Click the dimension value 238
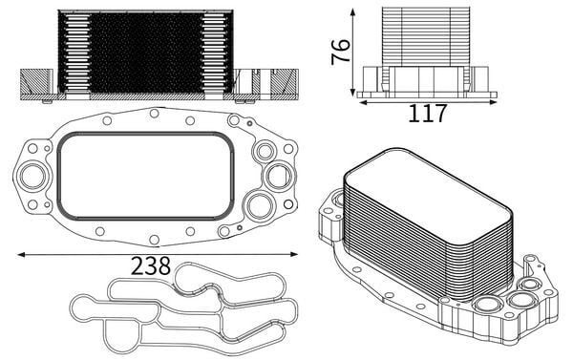pos(152,265)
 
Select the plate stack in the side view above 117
pos(425,36)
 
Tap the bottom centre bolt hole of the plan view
pos(153,239)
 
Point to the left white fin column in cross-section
pos(74,53)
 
